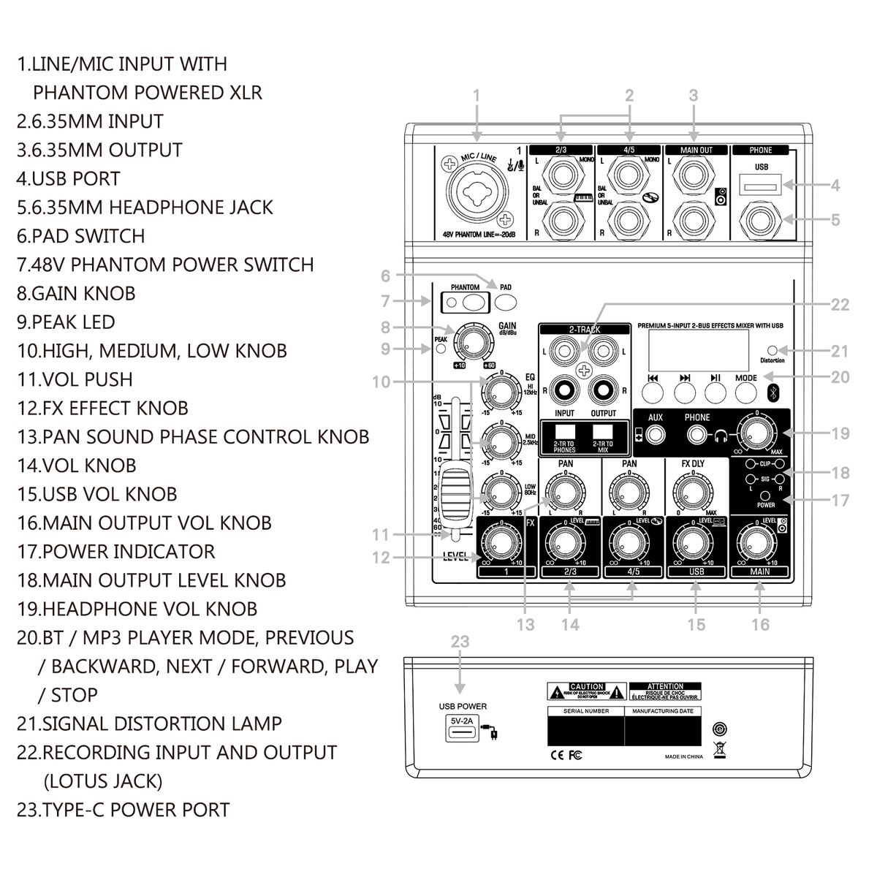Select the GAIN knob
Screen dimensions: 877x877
point(473,341)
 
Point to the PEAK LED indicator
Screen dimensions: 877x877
point(441,350)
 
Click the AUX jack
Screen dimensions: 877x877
point(656,436)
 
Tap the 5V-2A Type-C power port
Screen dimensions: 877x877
point(462,729)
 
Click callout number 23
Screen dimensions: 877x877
point(460,642)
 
